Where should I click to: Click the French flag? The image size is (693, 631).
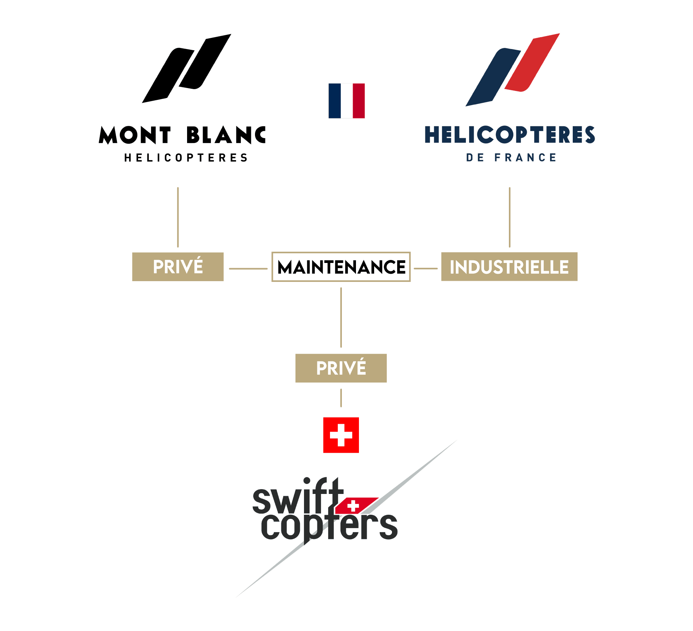click(x=347, y=101)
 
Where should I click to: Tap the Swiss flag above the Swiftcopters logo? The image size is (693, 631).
click(x=341, y=435)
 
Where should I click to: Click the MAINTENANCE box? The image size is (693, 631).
click(x=341, y=267)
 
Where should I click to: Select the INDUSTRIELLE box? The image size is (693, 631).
click(x=509, y=267)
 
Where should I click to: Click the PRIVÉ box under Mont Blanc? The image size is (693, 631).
click(x=178, y=267)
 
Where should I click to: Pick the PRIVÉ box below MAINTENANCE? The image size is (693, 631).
click(x=341, y=368)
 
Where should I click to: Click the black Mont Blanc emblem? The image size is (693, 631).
click(x=187, y=68)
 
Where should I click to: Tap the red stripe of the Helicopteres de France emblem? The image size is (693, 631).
click(x=532, y=62)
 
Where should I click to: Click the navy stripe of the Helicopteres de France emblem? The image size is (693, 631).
click(x=493, y=77)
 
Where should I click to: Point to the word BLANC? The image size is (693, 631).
click(x=226, y=135)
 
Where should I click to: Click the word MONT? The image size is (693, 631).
click(x=135, y=135)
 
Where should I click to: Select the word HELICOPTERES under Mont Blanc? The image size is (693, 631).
click(x=186, y=158)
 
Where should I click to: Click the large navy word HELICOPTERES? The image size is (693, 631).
click(x=510, y=134)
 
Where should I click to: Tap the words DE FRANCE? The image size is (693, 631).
click(x=511, y=157)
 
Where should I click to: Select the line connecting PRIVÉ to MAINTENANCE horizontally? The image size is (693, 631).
click(x=248, y=269)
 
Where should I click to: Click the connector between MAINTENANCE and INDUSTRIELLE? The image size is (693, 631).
click(x=426, y=268)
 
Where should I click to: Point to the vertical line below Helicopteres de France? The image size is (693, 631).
click(x=510, y=217)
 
